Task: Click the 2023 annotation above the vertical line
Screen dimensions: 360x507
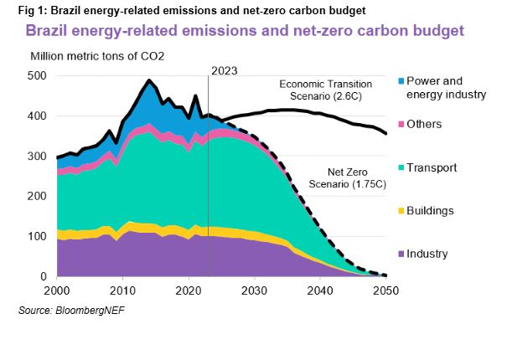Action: [224, 71]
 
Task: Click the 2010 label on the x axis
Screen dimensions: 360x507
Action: [122, 290]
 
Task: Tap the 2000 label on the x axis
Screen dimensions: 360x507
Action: [57, 290]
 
